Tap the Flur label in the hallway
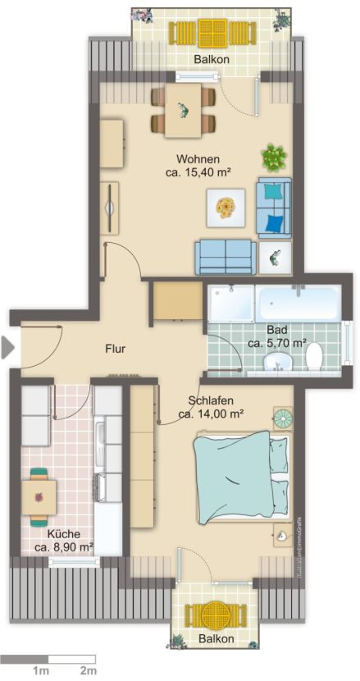115,349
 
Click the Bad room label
276,329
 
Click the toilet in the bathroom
314,357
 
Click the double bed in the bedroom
239,477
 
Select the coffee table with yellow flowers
225,206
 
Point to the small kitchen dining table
39,496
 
